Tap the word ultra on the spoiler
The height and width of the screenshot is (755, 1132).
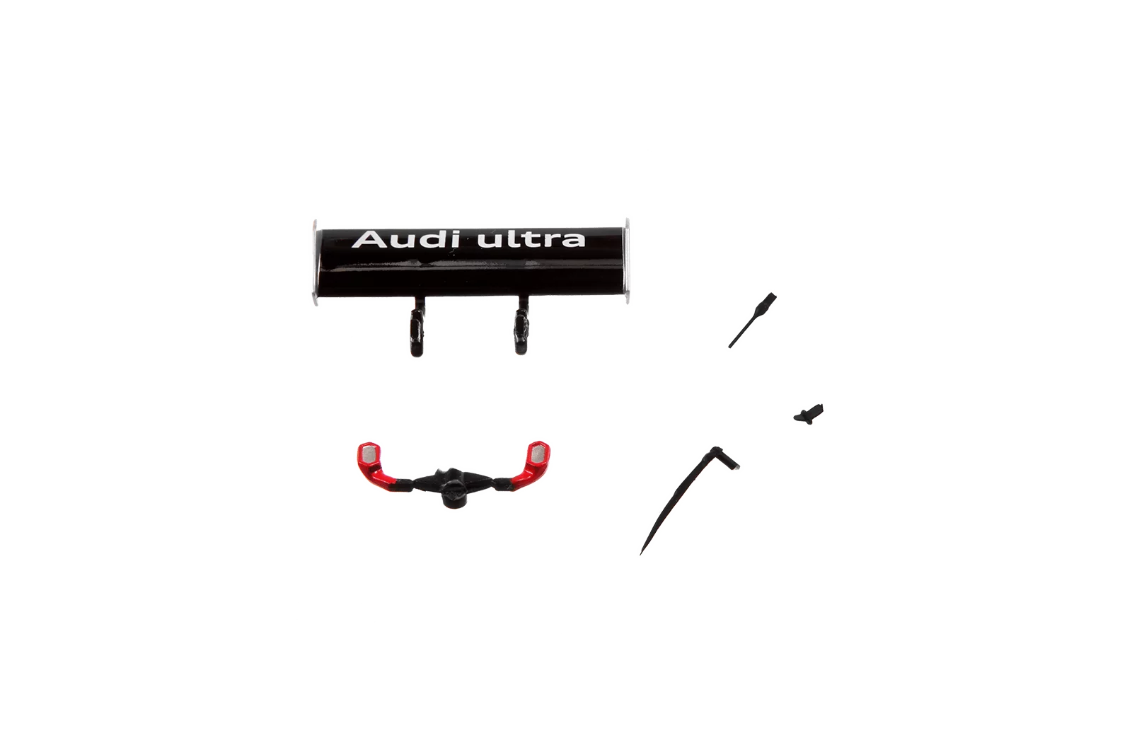[531, 239]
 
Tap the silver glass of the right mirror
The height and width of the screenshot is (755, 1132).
[538, 451]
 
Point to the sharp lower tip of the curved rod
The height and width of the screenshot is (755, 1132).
[642, 551]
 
